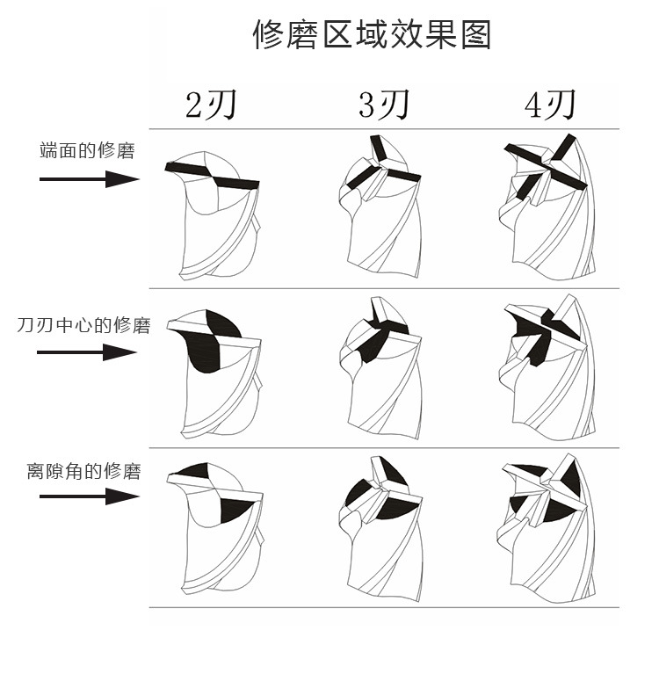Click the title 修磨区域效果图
coord(371,34)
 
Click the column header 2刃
coord(211,105)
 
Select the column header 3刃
coord(384,105)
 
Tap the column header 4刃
coord(550,105)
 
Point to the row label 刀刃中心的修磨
coord(83,325)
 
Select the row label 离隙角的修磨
coord(83,472)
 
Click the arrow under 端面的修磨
coord(89,179)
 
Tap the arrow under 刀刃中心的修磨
coord(86,353)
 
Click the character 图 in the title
coord(474,34)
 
